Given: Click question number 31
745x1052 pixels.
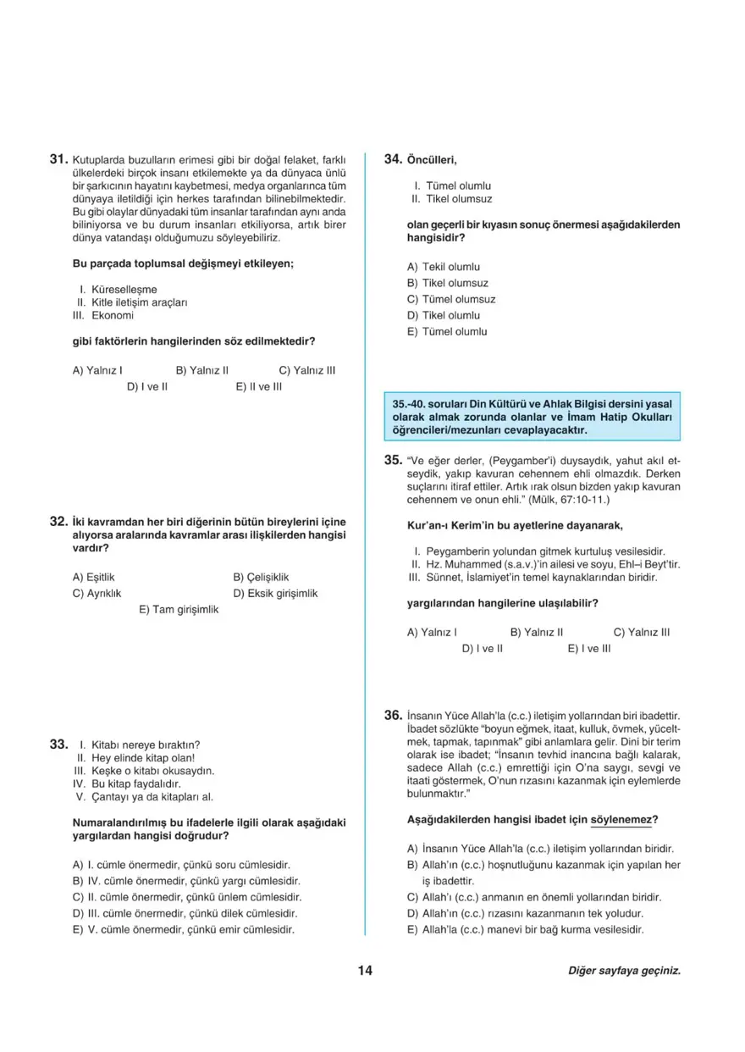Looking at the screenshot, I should (x=58, y=158).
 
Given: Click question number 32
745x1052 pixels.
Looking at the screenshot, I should (x=58, y=522).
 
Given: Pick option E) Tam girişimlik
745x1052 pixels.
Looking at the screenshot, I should (x=179, y=609).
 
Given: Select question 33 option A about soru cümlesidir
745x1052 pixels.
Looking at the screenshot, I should (x=182, y=865).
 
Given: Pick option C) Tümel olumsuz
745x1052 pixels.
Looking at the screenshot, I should (x=451, y=299).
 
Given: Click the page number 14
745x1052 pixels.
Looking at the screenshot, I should (x=366, y=971).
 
